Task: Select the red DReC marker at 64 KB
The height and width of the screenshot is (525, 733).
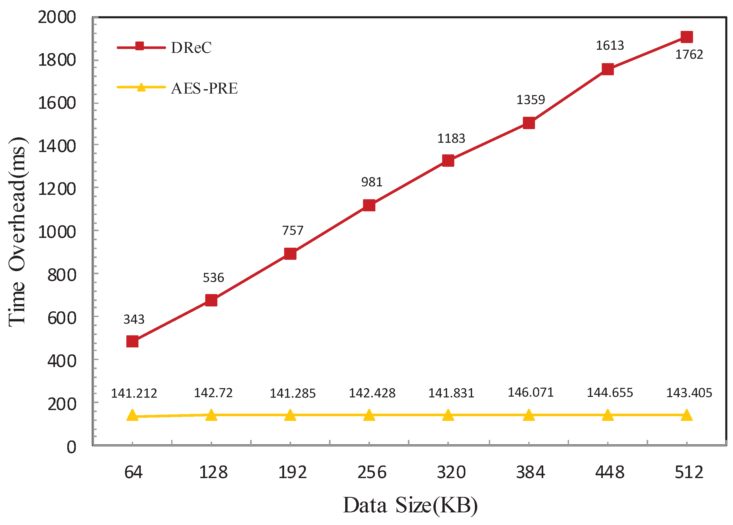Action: (133, 341)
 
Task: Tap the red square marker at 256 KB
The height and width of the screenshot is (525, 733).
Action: (369, 205)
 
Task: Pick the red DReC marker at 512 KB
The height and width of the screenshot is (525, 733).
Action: (686, 37)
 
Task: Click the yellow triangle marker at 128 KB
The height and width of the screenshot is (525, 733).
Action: (211, 415)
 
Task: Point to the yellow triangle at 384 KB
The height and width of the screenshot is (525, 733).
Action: (529, 415)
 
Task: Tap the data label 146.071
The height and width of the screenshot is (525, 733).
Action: (530, 392)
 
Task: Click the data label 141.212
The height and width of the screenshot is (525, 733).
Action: (134, 393)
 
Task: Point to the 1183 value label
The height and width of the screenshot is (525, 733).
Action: (451, 139)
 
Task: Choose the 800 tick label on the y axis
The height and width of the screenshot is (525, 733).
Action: (62, 275)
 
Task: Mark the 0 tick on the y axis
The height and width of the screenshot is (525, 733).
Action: (71, 447)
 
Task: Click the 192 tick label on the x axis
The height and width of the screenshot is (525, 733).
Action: (292, 472)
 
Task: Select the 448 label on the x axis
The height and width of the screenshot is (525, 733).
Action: (610, 472)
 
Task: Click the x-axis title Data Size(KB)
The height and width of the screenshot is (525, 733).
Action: (410, 505)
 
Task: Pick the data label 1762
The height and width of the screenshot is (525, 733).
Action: (689, 55)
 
